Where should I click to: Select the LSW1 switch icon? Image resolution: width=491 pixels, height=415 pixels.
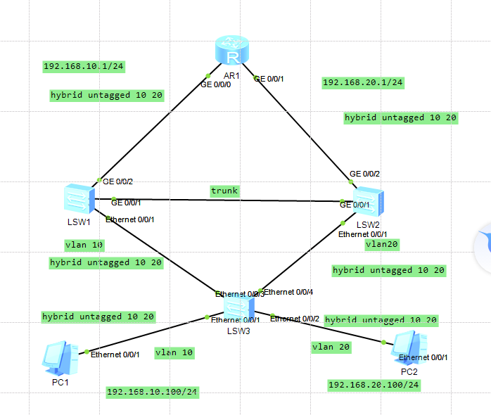[x=77, y=198]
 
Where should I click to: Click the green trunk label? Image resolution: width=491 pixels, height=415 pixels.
[x=224, y=191]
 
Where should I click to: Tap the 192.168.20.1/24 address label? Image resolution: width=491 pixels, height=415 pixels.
[x=362, y=83]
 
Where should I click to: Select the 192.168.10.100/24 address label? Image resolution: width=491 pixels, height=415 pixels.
[x=152, y=391]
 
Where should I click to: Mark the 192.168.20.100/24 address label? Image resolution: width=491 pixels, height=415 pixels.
[x=374, y=385]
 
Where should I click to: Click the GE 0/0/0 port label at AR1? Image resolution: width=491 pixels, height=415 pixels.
[x=216, y=84]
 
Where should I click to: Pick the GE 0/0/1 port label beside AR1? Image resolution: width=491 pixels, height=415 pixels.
[x=269, y=79]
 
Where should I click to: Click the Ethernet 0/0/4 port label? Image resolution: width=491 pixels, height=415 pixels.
[x=288, y=291]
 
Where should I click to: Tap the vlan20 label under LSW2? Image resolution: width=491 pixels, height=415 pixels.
[x=382, y=245]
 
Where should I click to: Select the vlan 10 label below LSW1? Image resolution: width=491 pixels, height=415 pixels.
[x=84, y=245]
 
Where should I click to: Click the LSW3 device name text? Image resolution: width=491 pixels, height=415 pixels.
[x=238, y=330]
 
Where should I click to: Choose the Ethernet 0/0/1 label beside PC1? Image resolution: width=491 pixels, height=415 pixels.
[x=115, y=354]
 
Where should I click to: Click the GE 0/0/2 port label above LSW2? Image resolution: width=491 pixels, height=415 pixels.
[x=365, y=174]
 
